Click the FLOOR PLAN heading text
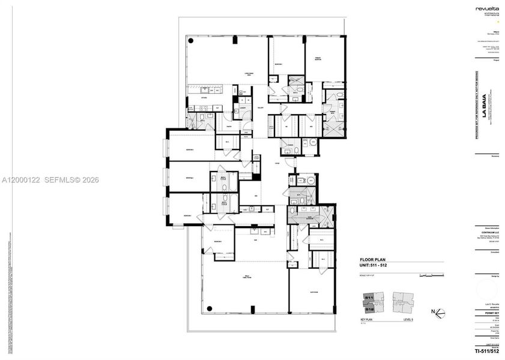[371, 260]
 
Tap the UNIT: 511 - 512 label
[375, 266]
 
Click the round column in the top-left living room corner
[191, 41]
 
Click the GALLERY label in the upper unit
[261, 108]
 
